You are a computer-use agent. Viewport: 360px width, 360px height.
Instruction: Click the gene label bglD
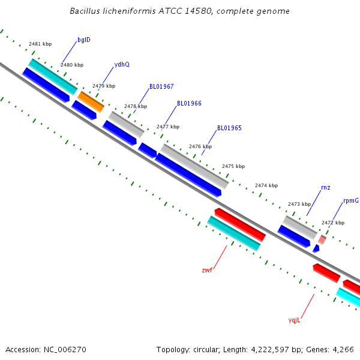84,40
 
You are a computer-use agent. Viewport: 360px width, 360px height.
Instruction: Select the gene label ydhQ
122,65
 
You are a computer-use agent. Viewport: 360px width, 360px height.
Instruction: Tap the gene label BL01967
161,86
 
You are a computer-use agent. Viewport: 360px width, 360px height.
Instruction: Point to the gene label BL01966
189,103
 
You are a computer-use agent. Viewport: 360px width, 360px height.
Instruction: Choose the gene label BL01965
229,128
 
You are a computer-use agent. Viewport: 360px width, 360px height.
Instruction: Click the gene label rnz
325,188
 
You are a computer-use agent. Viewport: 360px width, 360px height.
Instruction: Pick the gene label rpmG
351,200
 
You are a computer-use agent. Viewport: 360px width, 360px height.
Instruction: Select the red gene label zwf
207,270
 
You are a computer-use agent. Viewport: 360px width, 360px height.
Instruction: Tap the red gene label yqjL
294,320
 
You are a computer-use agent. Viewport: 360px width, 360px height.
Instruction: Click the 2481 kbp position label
40,44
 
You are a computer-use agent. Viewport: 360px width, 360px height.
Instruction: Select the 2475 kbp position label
233,166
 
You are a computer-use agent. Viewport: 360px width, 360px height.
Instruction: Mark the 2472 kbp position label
333,223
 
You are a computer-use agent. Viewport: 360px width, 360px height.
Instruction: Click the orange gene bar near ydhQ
91,101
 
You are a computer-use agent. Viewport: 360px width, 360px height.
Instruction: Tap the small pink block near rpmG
322,239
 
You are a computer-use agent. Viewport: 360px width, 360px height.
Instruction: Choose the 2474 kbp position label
266,185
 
